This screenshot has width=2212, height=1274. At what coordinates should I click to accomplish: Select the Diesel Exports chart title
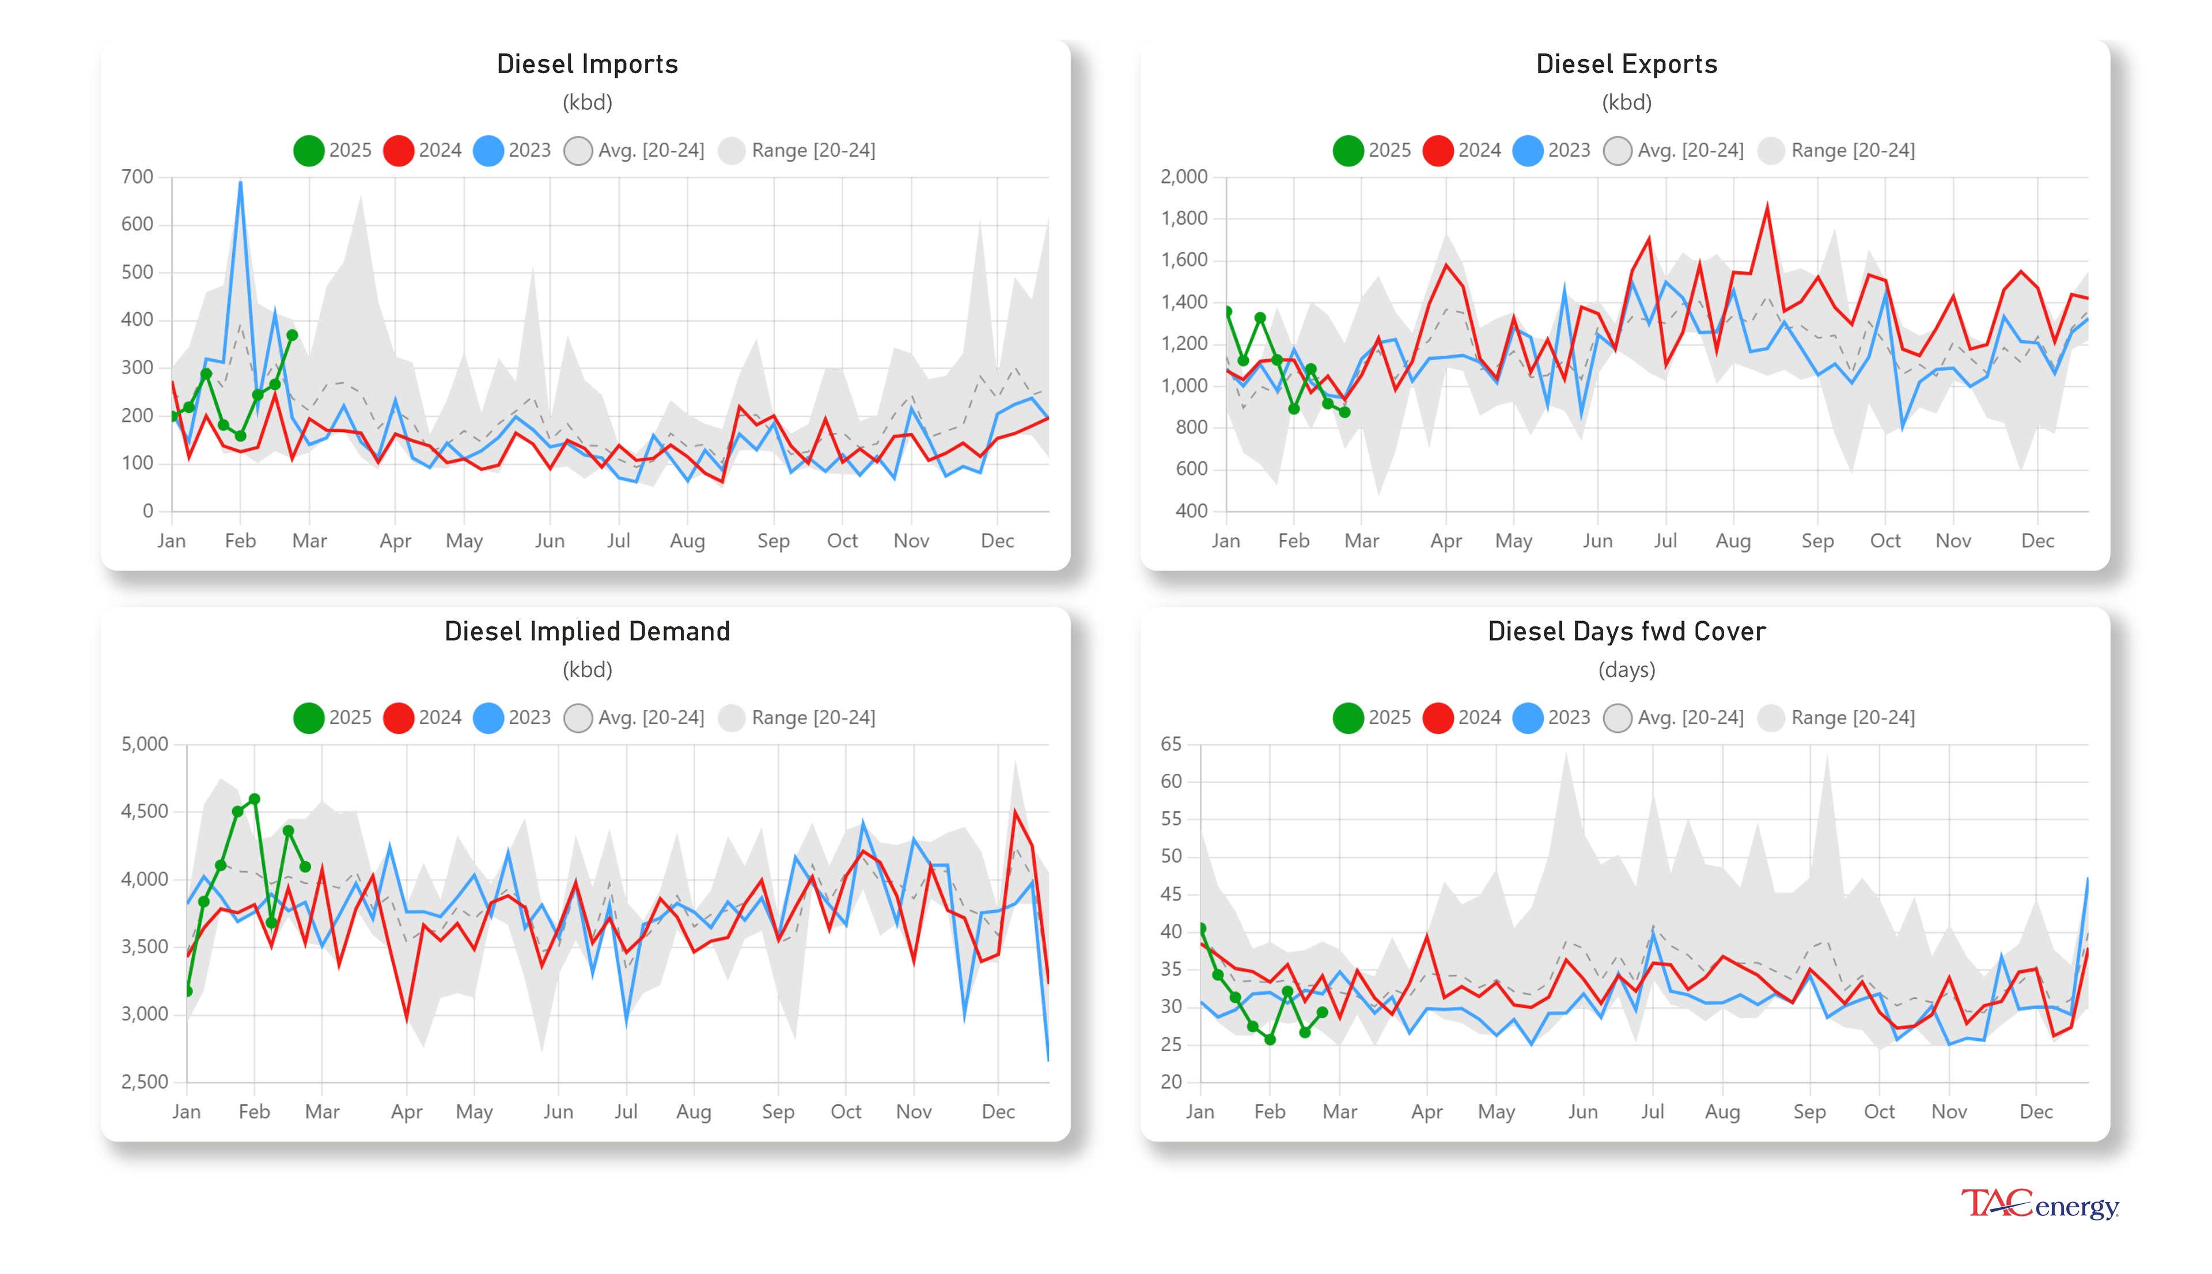1626,64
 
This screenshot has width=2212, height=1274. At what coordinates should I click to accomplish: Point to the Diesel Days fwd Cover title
1626,631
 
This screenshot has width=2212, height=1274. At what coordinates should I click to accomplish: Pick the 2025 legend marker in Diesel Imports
308,150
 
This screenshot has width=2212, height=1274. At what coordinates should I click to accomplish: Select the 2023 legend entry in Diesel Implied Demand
512,717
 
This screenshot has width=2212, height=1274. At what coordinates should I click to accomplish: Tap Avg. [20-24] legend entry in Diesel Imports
635,150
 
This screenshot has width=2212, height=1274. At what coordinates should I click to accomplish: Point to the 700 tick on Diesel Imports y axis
138,177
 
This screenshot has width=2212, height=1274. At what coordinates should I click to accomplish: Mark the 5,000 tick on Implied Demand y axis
145,744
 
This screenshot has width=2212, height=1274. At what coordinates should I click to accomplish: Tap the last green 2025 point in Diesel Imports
293,335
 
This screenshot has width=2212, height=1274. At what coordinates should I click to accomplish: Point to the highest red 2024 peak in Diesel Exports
1767,207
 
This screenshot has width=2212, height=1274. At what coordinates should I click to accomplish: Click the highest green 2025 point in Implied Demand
255,799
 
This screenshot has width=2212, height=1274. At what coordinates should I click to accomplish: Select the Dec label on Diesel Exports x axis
2037,541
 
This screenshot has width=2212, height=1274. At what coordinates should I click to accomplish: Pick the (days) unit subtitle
1626,670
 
